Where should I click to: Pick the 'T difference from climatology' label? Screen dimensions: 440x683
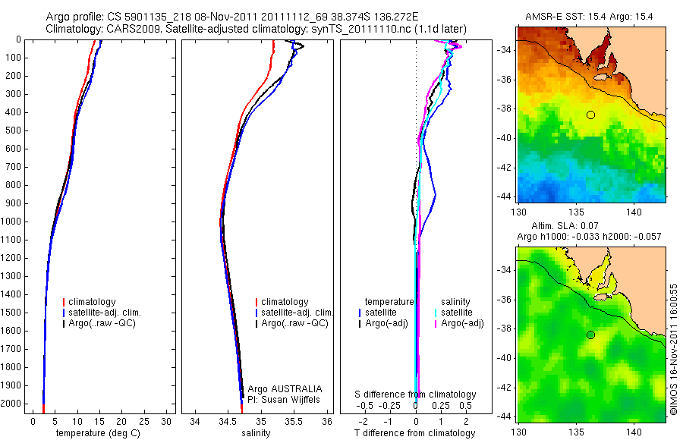[x=415, y=433]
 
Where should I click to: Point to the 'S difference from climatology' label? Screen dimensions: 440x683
[x=416, y=394]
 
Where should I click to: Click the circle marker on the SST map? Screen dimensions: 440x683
[x=590, y=115]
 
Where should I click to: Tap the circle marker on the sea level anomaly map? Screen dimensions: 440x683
[x=590, y=335]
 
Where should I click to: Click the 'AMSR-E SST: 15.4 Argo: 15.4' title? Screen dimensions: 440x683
[x=590, y=16]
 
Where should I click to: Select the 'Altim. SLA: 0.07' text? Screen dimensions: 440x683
[x=590, y=226]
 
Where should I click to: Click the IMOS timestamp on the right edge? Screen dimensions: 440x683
[x=674, y=349]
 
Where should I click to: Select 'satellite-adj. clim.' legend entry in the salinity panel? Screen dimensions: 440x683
[x=297, y=313]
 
